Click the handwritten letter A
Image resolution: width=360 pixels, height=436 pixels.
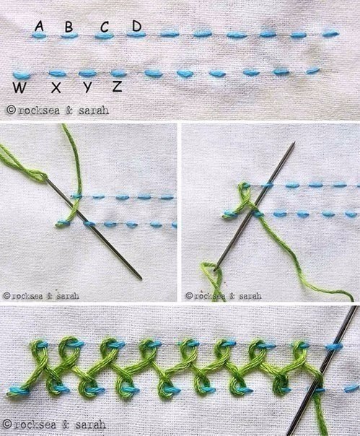[x=39, y=27]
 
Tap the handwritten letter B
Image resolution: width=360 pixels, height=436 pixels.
[x=69, y=27]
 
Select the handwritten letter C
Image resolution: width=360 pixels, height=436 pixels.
[x=105, y=27]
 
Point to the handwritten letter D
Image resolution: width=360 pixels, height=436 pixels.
[x=137, y=26]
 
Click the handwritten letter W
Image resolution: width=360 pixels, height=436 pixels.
[x=19, y=88]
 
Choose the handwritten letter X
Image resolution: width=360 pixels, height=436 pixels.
[x=56, y=87]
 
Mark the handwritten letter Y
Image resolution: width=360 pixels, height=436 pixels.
[x=87, y=87]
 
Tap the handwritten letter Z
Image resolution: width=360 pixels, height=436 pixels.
[x=118, y=87]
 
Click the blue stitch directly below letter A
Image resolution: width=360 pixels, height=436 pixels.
[x=39, y=35]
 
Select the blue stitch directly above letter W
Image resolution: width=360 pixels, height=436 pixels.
[x=22, y=74]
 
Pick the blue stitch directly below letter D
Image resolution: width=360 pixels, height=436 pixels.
[x=136, y=34]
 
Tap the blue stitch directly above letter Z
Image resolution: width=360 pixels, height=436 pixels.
[x=119, y=74]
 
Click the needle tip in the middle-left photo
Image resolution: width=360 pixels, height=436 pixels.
[x=141, y=279]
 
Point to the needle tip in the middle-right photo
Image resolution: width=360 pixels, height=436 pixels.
[x=294, y=142]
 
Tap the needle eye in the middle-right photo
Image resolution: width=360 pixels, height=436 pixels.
[x=216, y=268]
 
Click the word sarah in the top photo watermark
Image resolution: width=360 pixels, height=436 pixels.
[x=93, y=110]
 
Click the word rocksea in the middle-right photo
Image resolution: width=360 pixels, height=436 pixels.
[x=210, y=295]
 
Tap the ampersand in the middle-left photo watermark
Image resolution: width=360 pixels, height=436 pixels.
[x=50, y=296]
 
